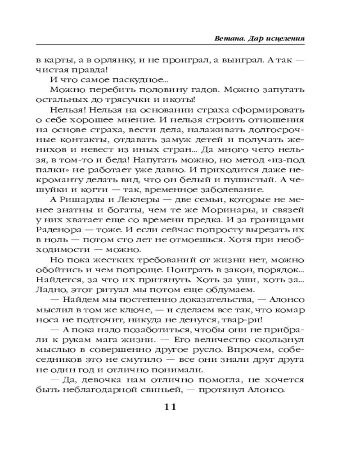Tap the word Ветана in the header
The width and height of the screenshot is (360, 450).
point(228,39)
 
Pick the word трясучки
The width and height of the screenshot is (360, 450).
point(129,99)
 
